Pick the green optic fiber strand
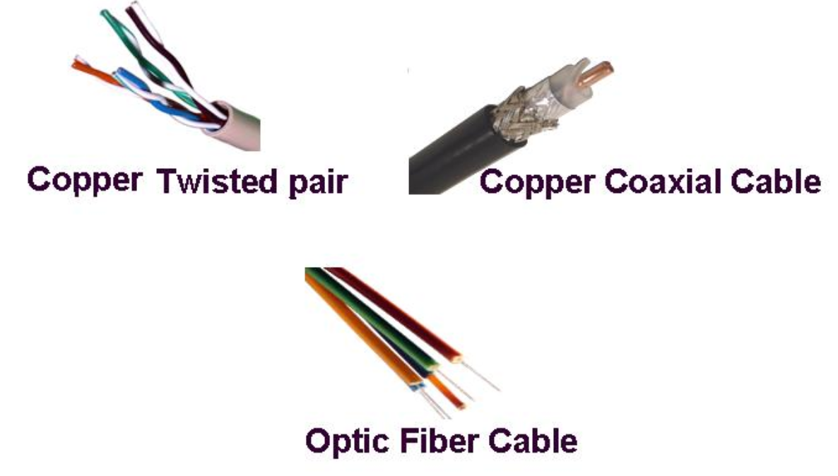367,318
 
